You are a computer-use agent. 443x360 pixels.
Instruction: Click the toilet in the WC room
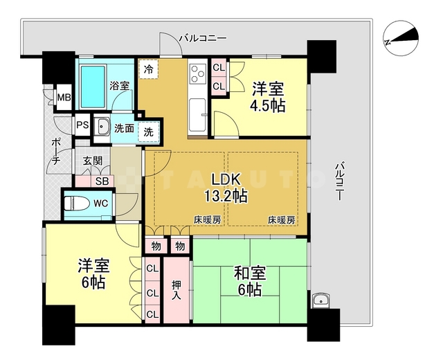click(x=77, y=204)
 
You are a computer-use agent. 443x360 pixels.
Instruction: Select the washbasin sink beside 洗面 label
click(x=103, y=127)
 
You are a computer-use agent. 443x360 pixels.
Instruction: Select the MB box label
click(x=64, y=98)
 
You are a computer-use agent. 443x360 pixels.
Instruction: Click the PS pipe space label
click(x=82, y=126)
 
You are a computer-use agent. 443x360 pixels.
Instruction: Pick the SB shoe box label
click(x=102, y=181)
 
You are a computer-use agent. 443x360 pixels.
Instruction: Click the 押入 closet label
click(x=176, y=289)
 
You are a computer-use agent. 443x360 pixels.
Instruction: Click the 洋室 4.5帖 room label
click(x=268, y=97)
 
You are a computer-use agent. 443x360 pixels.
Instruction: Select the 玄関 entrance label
click(x=93, y=161)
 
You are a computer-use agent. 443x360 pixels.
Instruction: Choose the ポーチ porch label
click(x=56, y=152)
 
